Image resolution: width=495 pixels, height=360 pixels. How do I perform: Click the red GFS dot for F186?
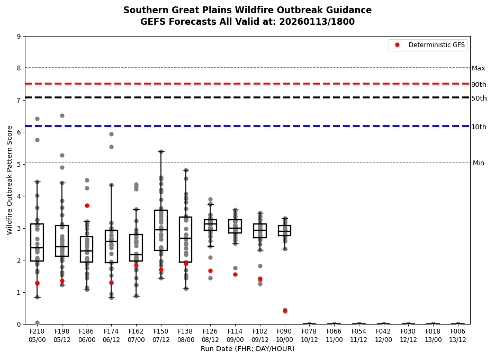point(87,205)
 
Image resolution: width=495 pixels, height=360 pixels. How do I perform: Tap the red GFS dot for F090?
point(285,311)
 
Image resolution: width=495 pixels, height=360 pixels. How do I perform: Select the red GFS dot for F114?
point(235,274)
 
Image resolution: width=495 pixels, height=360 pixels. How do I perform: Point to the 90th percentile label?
point(479,85)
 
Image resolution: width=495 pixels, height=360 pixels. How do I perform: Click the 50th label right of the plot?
point(479,98)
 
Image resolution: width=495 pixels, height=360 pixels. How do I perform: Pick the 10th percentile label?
point(479,127)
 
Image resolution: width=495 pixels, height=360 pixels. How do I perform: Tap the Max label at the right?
point(478,68)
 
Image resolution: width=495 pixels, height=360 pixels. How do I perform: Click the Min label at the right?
point(478,163)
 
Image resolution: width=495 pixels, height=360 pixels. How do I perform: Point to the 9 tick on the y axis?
point(19,37)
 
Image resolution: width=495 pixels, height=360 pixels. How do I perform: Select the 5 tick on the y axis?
point(19,165)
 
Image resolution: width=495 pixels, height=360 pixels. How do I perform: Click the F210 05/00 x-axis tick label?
point(37,336)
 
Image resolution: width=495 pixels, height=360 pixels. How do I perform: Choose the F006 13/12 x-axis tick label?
point(458,336)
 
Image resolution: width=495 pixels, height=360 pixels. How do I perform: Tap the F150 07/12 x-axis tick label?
point(161,336)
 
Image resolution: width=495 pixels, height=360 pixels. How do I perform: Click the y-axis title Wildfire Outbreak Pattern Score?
point(10,180)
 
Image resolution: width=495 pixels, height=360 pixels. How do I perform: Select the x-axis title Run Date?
point(247,349)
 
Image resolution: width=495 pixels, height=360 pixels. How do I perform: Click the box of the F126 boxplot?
point(210,225)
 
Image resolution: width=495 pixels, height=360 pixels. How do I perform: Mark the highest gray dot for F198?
point(62,115)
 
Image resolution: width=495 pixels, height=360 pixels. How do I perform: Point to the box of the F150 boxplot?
point(161,230)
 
